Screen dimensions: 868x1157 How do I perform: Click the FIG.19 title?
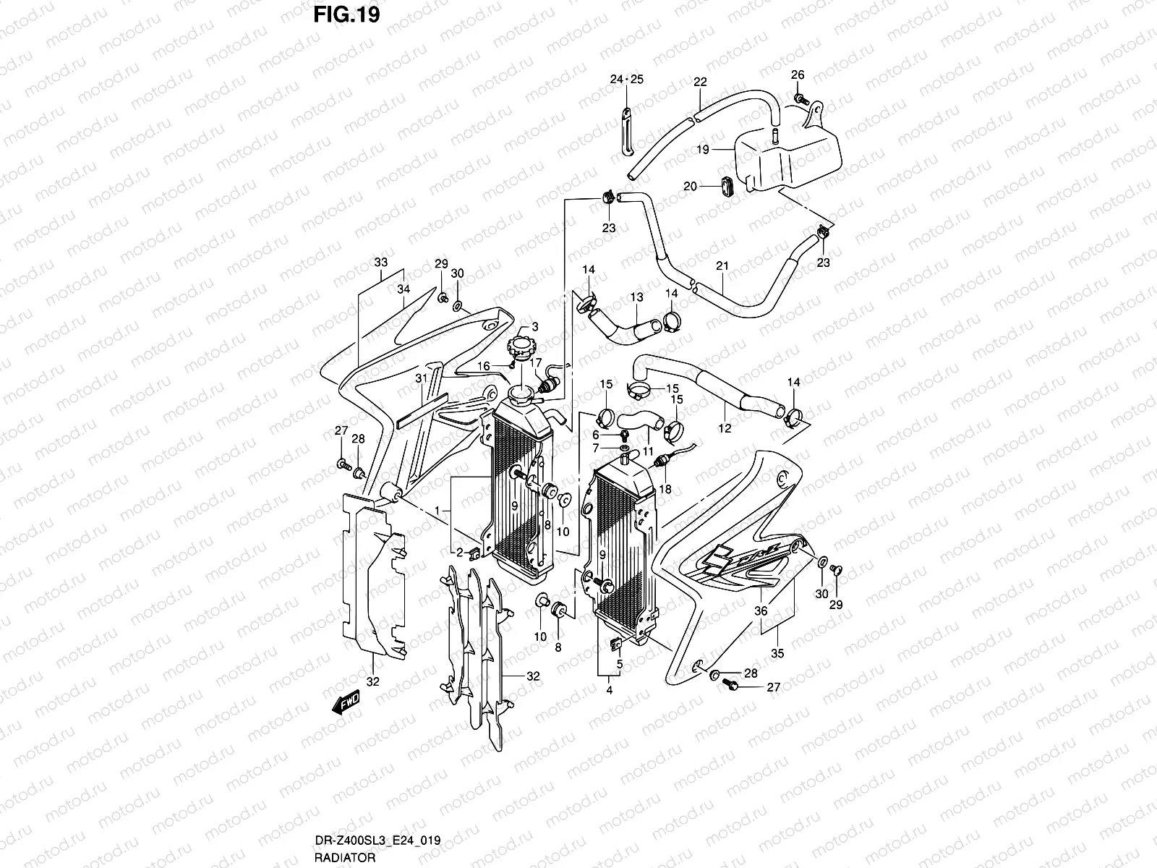click(346, 15)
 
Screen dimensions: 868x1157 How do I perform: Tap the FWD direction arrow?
click(346, 704)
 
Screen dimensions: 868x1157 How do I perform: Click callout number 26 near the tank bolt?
click(797, 75)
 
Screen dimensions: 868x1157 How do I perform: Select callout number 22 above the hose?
click(699, 82)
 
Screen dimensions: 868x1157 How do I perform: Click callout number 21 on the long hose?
click(721, 266)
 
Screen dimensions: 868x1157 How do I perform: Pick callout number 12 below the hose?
click(725, 428)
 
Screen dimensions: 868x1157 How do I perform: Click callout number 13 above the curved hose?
click(636, 297)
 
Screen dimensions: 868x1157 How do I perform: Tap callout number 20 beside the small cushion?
click(690, 187)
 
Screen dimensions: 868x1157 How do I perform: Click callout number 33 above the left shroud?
click(381, 262)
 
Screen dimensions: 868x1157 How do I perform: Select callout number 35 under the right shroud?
click(777, 653)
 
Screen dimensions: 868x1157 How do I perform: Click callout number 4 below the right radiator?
click(609, 691)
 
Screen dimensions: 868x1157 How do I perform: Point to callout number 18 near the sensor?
click(665, 489)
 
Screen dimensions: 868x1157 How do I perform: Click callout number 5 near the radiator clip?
click(619, 663)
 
